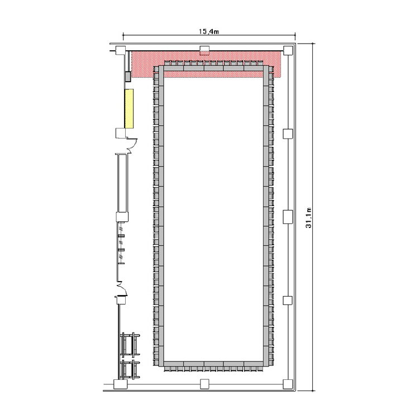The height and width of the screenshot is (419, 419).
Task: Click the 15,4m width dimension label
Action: [x=209, y=31]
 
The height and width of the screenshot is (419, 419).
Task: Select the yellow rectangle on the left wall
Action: [x=129, y=108]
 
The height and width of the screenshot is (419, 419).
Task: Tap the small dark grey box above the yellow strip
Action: [x=128, y=77]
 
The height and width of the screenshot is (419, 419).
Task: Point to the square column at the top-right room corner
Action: [x=288, y=50]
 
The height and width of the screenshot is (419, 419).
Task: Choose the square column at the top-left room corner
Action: [x=120, y=50]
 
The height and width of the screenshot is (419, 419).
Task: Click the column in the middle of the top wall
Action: [x=204, y=49]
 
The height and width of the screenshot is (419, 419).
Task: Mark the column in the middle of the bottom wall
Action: [x=204, y=384]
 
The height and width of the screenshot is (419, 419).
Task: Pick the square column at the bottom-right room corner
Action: [x=288, y=384]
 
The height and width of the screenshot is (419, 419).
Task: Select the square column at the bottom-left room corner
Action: [x=121, y=384]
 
